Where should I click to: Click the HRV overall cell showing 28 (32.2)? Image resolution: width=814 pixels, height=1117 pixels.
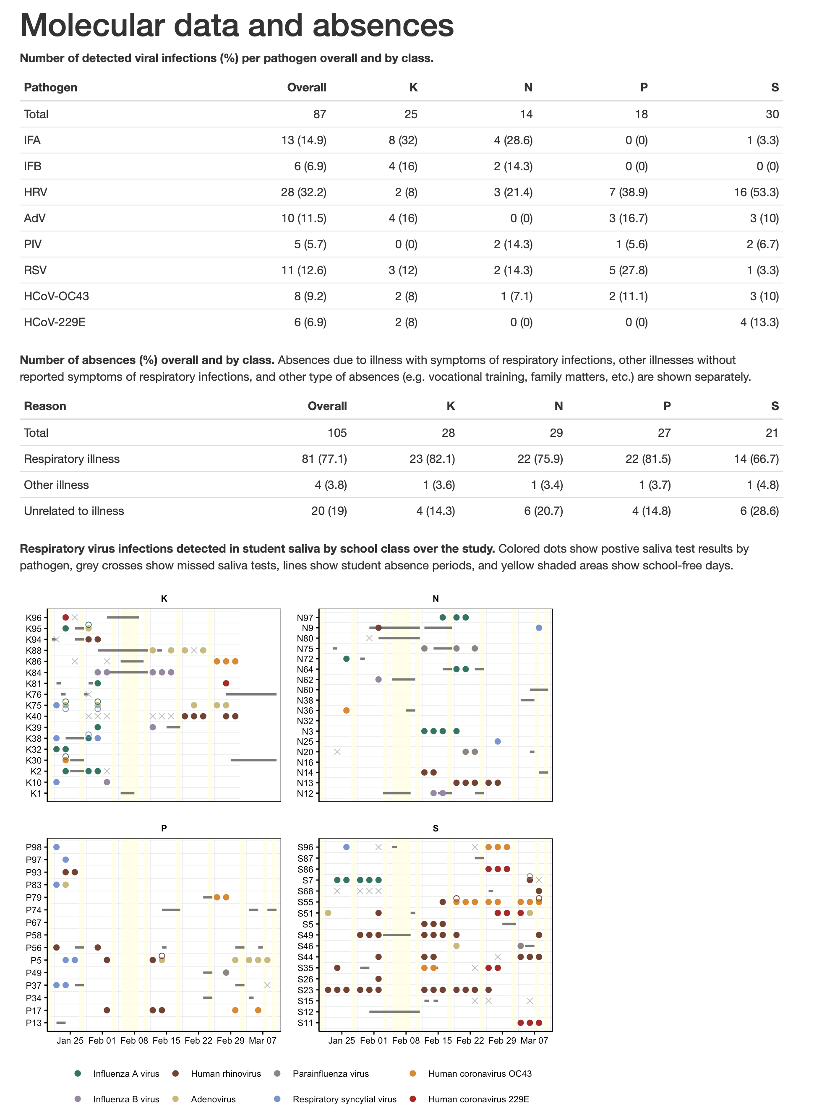(x=303, y=192)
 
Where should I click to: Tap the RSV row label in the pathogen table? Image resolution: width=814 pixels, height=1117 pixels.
(x=36, y=270)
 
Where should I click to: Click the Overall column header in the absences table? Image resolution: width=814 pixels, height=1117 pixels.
(x=327, y=406)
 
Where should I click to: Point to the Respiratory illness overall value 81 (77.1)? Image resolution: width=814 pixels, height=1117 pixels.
(x=324, y=459)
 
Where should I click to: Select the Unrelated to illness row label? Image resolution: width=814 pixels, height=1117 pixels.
(x=74, y=511)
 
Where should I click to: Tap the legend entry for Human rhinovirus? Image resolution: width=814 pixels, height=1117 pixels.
(x=226, y=1074)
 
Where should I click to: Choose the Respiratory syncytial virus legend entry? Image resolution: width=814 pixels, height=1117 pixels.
(x=344, y=1099)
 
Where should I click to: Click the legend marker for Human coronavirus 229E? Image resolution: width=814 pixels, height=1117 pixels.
(x=413, y=1099)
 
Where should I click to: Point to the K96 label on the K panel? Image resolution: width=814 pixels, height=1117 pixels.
(x=34, y=618)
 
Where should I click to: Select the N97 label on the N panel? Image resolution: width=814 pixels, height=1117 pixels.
(x=305, y=618)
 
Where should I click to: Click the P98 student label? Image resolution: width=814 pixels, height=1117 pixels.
(x=34, y=847)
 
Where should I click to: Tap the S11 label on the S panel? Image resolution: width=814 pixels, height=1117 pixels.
(x=305, y=1023)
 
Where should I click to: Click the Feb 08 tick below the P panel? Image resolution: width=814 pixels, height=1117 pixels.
(x=134, y=1040)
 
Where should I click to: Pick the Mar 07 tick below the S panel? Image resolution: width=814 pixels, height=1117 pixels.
(x=534, y=1040)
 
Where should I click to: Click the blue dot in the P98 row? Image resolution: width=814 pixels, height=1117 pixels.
(x=56, y=847)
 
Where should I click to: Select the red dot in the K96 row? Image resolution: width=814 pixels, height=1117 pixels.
(x=65, y=618)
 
